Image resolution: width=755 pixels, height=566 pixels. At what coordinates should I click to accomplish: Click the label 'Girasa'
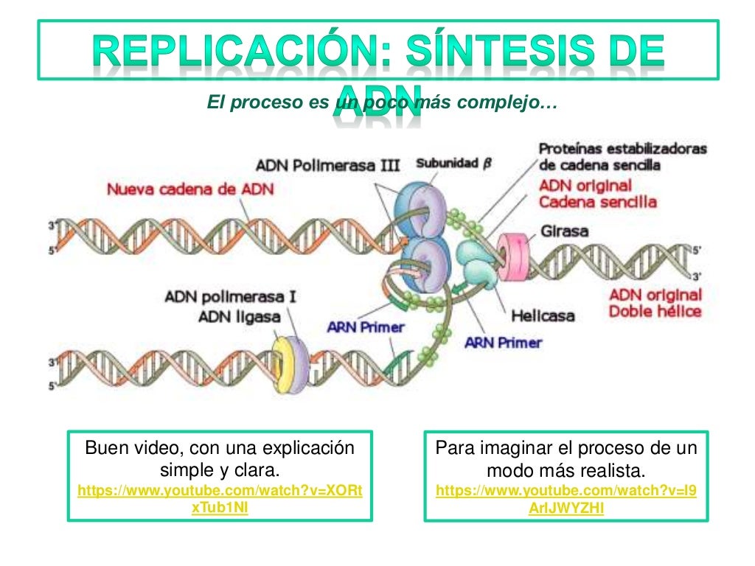pos(565,231)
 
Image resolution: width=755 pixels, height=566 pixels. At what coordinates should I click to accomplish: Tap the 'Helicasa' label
pos(543,316)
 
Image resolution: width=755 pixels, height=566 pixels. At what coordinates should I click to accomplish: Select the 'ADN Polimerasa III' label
pos(328,165)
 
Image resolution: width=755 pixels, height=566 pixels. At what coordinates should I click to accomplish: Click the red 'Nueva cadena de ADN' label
pos(190,189)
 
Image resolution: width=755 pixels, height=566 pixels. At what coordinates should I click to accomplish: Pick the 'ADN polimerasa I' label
pos(231,297)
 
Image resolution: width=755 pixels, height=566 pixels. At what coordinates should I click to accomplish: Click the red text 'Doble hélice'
pos(655,312)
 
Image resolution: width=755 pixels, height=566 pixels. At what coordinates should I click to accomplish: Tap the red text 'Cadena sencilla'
pos(597,201)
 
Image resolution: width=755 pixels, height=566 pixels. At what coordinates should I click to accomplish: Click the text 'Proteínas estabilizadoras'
pos(622,149)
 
